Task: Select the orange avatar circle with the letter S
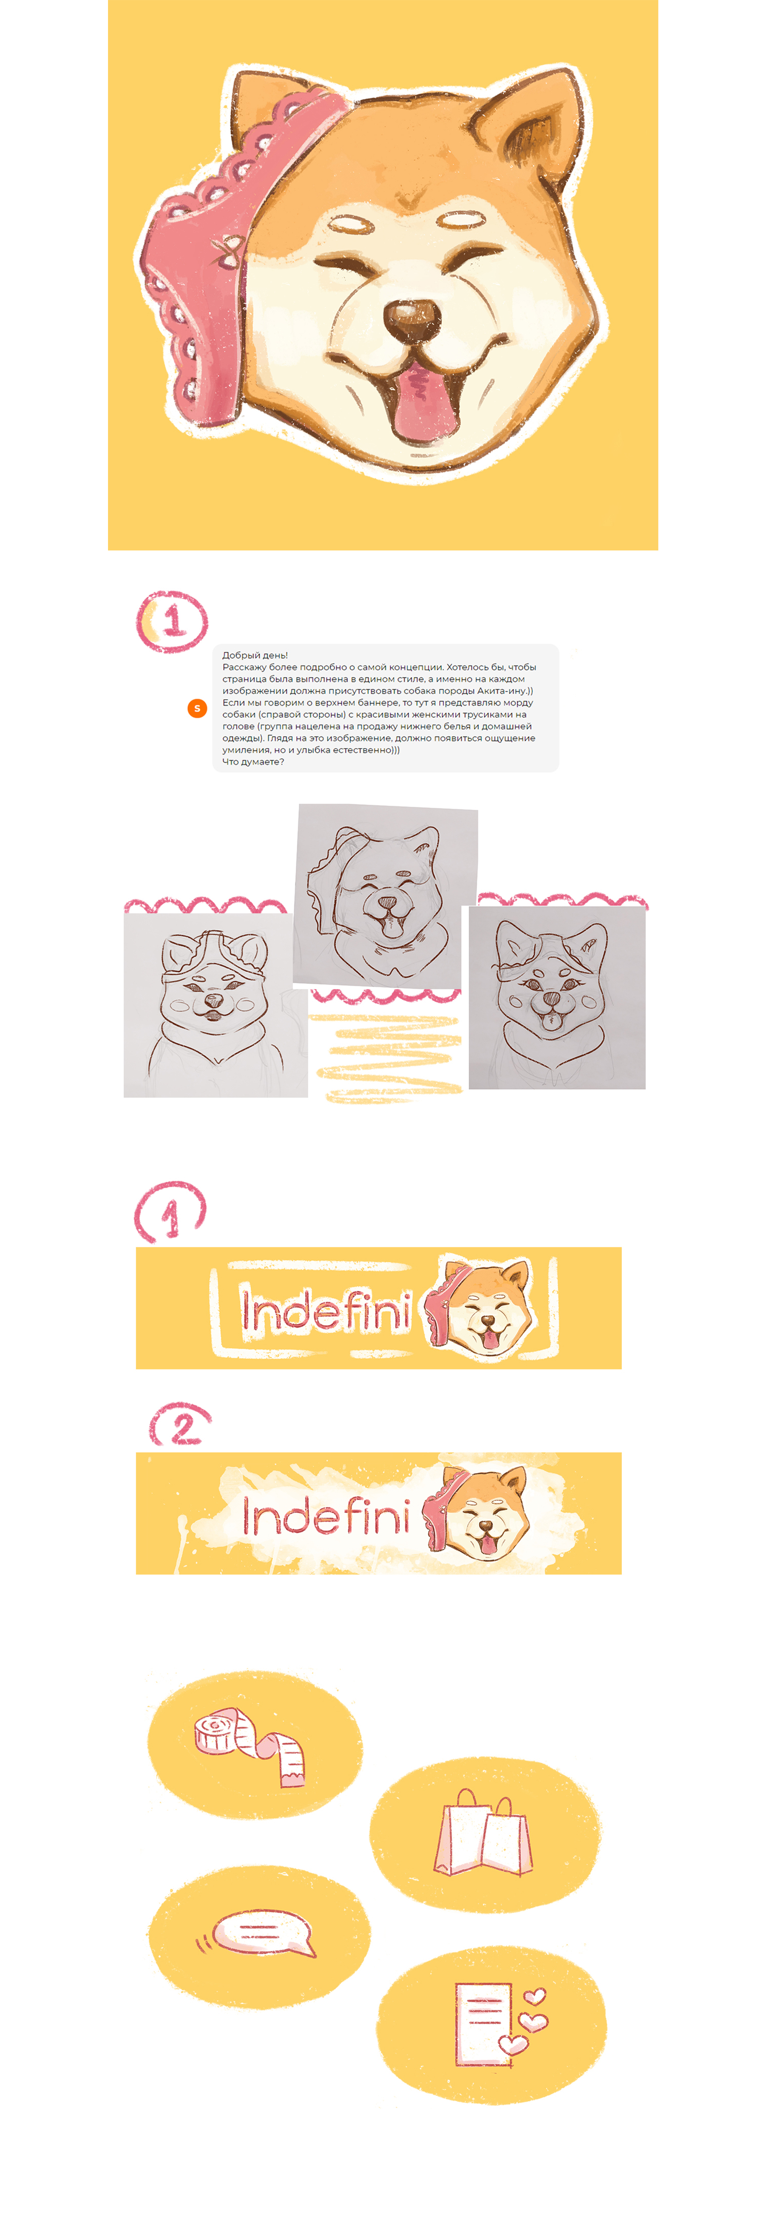pos(197,708)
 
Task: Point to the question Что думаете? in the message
pos(253,762)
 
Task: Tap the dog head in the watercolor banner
pos(476,1514)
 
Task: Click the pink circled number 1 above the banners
pos(170,1212)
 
